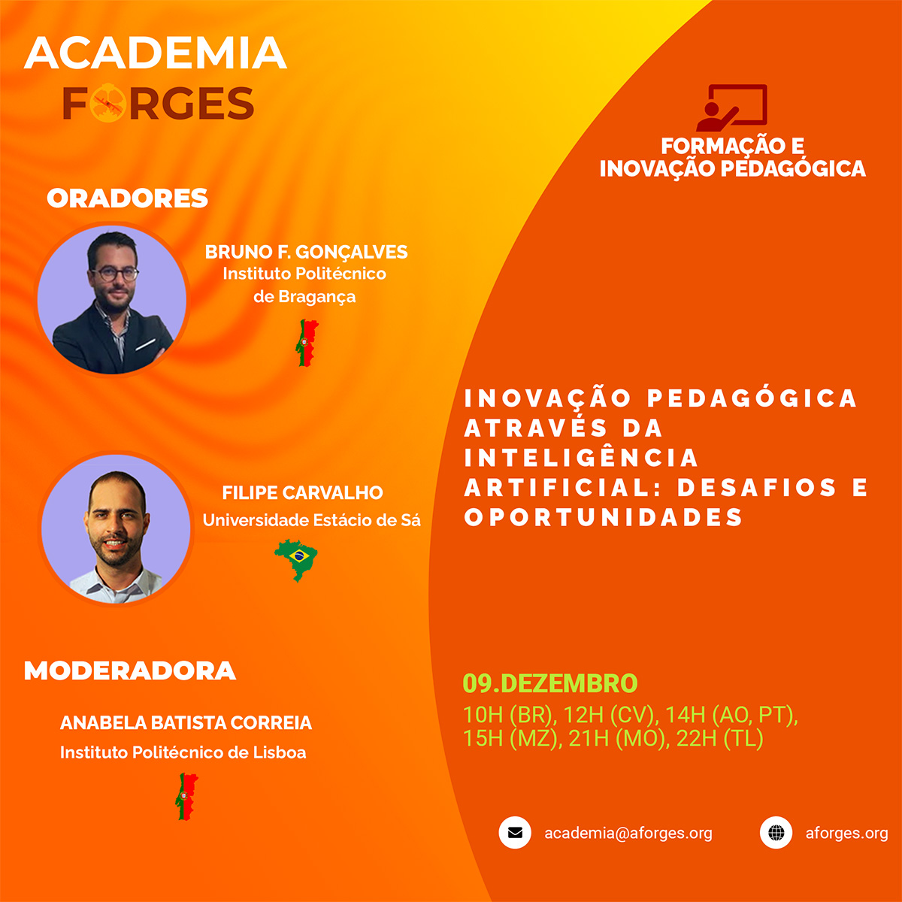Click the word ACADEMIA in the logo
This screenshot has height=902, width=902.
coord(156,53)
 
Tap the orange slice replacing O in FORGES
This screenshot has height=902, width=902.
coord(107,104)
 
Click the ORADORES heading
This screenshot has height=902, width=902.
coord(127,198)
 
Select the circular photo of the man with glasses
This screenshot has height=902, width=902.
coord(112,299)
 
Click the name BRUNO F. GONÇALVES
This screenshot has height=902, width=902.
coord(306,252)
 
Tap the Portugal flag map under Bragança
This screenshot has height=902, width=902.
coord(307,342)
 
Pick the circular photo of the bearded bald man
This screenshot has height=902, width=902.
coord(116,528)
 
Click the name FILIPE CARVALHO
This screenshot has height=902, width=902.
coord(302,493)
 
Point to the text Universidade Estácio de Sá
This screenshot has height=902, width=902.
coord(311,520)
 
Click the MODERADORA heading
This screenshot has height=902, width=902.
coord(130,670)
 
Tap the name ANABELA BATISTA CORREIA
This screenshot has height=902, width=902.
coord(186,723)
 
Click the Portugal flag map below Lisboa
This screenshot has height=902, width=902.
coord(186,796)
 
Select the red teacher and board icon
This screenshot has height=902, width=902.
coord(731,107)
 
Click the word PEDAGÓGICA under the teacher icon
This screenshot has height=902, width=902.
coord(793,168)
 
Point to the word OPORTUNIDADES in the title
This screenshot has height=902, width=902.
coord(604,518)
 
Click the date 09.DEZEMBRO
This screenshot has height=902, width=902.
coord(550,683)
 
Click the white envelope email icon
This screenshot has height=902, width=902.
coord(515,833)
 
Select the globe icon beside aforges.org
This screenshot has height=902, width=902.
coord(776,833)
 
